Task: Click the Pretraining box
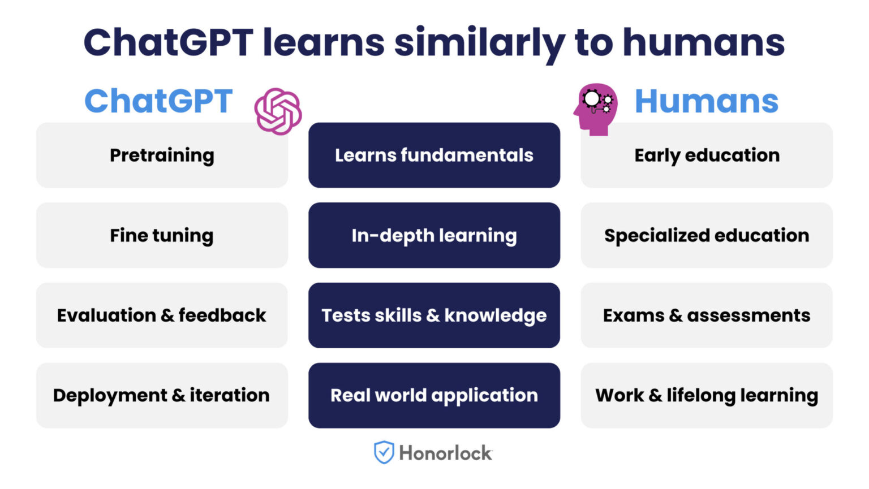tap(162, 155)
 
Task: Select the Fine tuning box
tap(162, 235)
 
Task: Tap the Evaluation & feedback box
tap(162, 315)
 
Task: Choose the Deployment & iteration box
tap(162, 395)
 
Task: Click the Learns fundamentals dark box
tap(434, 155)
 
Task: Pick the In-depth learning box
tap(434, 235)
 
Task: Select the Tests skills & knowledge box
tap(434, 315)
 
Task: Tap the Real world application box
tap(434, 395)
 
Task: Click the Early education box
tap(707, 155)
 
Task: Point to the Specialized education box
tap(707, 235)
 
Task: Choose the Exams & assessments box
tap(707, 315)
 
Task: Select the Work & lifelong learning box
tap(707, 395)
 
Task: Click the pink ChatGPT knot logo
tap(278, 111)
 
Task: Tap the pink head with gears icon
tap(595, 109)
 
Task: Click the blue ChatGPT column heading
tap(158, 101)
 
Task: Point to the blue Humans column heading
tap(706, 101)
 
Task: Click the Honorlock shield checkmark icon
tap(384, 452)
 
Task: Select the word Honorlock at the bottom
tap(446, 453)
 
